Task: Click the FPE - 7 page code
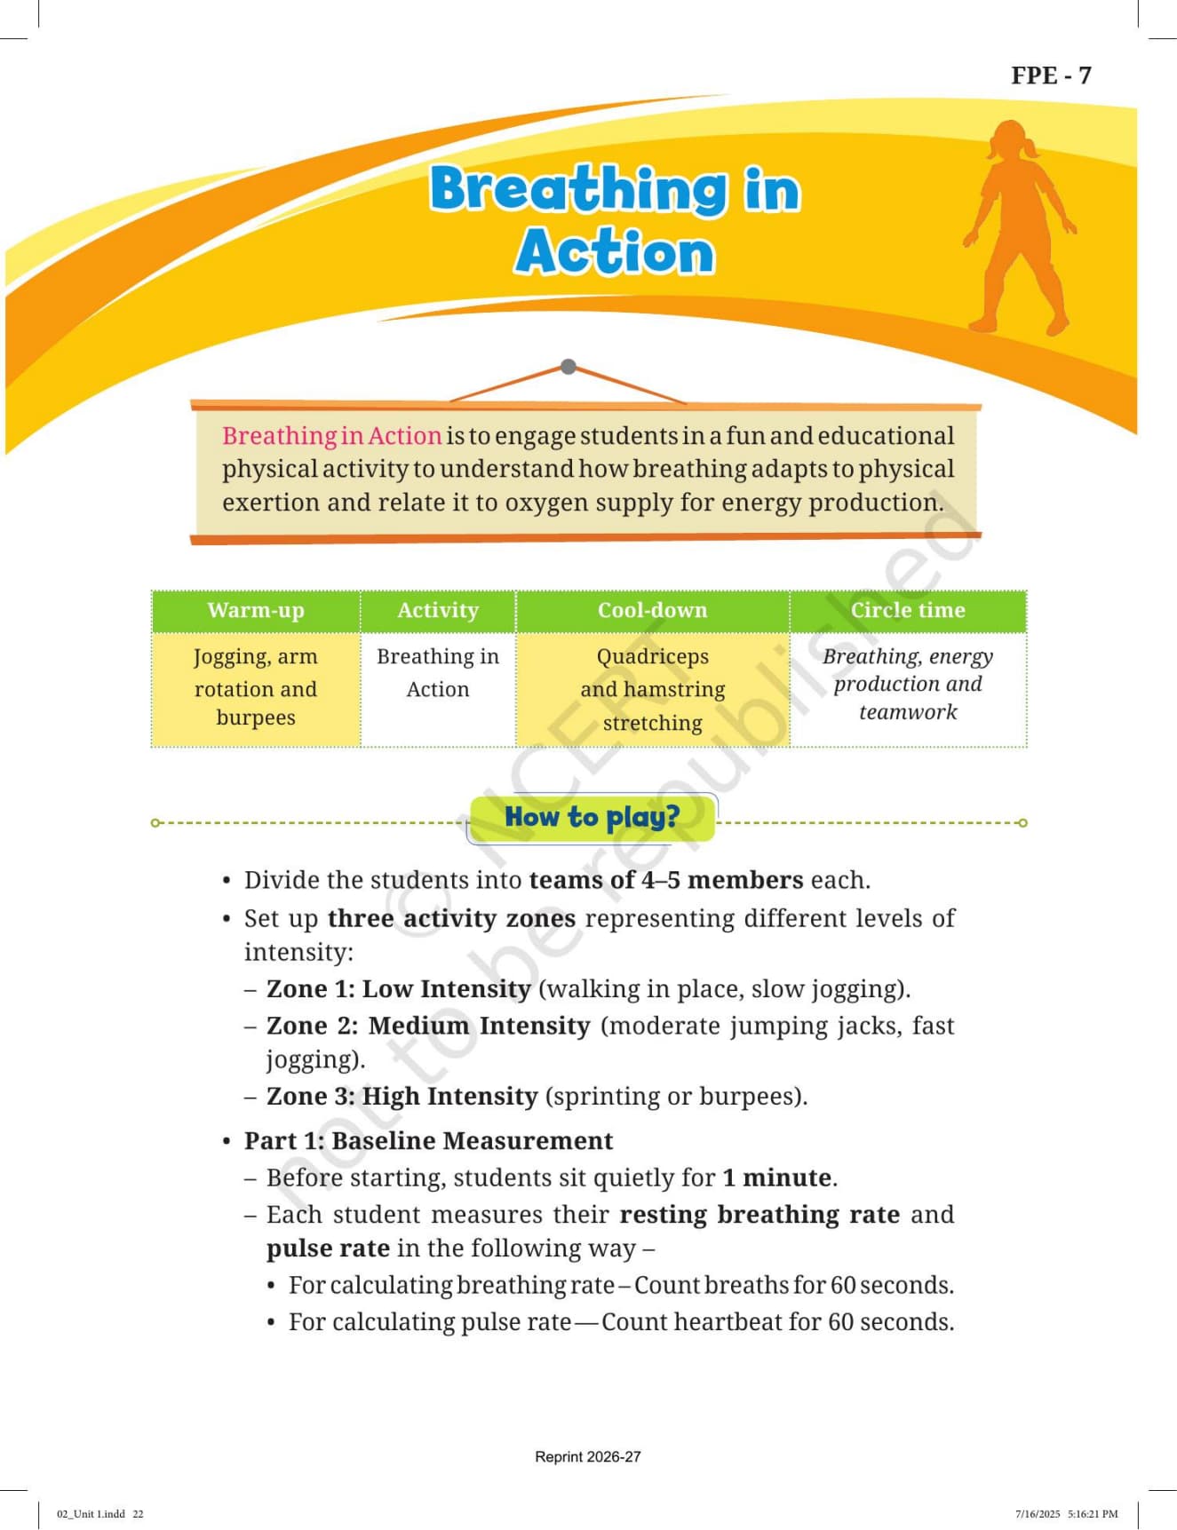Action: (x=1051, y=75)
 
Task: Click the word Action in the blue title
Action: (x=615, y=252)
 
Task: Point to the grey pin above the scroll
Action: (x=569, y=366)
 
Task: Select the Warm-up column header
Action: (x=256, y=610)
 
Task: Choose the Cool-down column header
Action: (x=653, y=610)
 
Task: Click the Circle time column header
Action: (x=908, y=610)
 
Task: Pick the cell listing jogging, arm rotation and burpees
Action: (x=256, y=688)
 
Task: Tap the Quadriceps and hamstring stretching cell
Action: (x=653, y=689)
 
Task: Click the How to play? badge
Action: (x=592, y=818)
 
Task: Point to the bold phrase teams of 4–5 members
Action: (x=666, y=880)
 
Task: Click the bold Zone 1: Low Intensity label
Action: (x=399, y=989)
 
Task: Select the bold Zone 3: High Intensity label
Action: (x=402, y=1097)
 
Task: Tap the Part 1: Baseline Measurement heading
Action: (x=429, y=1141)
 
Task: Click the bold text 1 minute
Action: (x=778, y=1178)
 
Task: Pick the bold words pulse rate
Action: (x=329, y=1249)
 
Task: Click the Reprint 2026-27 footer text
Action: (x=588, y=1457)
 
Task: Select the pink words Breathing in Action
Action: (x=331, y=436)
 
